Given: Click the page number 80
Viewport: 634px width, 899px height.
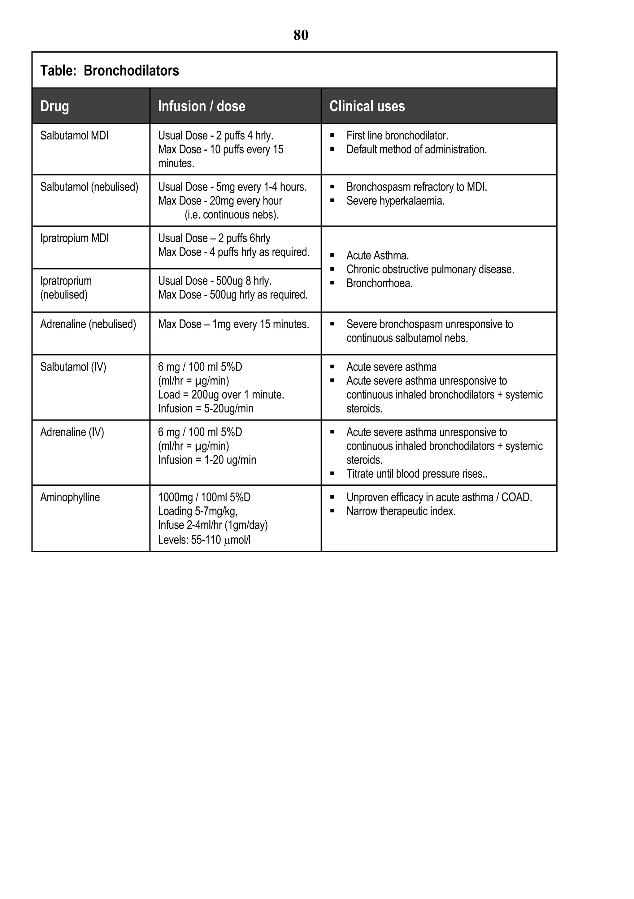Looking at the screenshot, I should tap(301, 35).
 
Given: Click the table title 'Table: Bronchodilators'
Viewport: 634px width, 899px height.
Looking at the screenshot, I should tap(109, 71).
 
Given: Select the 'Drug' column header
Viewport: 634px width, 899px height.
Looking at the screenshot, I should tap(54, 106).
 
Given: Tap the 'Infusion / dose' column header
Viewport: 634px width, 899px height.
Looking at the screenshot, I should tap(202, 106).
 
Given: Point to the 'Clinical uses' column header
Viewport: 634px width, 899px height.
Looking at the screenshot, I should tap(367, 106).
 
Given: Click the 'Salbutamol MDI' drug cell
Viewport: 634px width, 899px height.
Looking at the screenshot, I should tap(74, 135).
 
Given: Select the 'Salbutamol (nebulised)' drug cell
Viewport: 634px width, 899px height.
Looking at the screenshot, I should tap(89, 187).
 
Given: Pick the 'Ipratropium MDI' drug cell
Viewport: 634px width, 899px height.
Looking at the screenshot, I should tap(74, 238).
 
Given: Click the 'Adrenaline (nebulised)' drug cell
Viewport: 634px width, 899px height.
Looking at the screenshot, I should tap(88, 324).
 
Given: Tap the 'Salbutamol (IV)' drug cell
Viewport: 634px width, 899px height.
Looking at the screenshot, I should tap(73, 367).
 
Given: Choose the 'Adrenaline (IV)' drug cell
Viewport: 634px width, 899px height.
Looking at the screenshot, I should tap(72, 432).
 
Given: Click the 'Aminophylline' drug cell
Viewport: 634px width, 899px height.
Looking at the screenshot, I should tap(70, 497).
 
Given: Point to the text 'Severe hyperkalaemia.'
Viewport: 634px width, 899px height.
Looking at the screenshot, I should tap(395, 201).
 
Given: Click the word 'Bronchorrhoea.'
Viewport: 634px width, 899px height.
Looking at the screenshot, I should tap(379, 283).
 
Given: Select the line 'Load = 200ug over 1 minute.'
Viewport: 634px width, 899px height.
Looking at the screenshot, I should tap(221, 395).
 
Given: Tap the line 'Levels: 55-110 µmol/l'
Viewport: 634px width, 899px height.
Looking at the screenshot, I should tap(204, 540).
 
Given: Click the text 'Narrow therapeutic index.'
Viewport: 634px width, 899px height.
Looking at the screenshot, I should tap(401, 511).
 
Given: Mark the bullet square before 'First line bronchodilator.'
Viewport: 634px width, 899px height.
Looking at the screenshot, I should tap(332, 136).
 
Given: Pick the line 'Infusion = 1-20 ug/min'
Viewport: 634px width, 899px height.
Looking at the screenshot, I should tap(207, 460).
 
